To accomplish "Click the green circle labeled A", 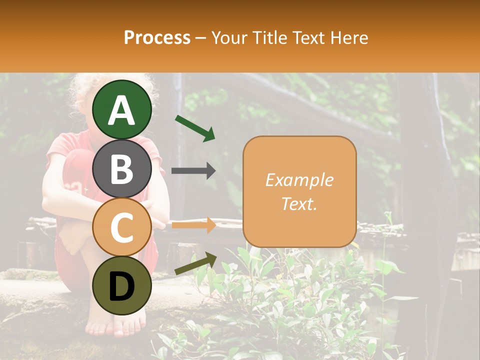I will point(122,110).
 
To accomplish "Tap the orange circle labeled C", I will point(122,227).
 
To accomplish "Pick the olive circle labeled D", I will point(122,285).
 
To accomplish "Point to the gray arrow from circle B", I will point(193,170).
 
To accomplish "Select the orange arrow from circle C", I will point(193,225).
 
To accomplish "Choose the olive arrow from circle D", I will point(195,263).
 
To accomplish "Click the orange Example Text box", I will point(299,191).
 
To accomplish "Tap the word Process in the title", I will point(157,37).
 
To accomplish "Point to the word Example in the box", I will point(299,180).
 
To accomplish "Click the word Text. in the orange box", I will point(299,203).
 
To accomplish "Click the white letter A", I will point(122,110).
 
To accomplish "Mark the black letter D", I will point(122,286).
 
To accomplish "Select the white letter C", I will point(122,227).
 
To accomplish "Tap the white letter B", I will point(122,169).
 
